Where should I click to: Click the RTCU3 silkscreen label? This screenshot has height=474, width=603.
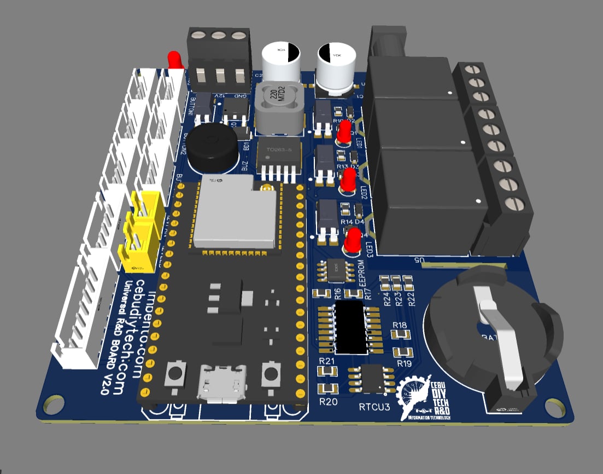pyautogui.click(x=374, y=407)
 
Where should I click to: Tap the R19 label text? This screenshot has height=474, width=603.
pyautogui.click(x=404, y=363)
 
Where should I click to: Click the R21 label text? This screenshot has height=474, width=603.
pyautogui.click(x=326, y=361)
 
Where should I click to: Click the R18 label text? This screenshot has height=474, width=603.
pyautogui.click(x=400, y=326)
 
